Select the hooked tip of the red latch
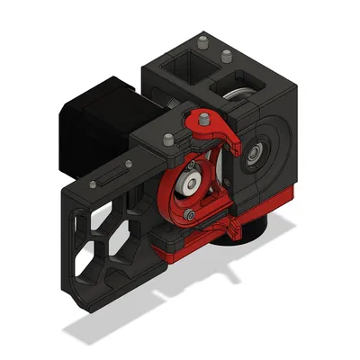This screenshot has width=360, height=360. point(236,141)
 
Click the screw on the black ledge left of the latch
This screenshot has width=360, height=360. point(168,139)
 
